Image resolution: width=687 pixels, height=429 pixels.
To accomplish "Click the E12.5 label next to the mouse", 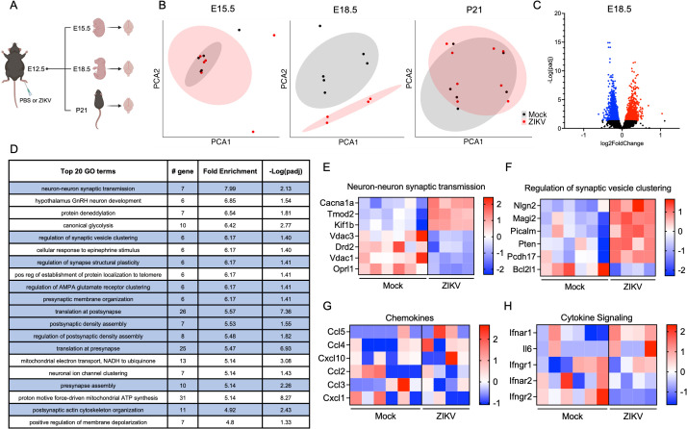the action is pyautogui.click(x=36, y=69).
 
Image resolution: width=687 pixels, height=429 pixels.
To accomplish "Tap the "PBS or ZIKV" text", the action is pyautogui.click(x=36, y=100).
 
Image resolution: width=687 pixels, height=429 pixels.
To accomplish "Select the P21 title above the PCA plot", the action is pyautogui.click(x=474, y=10).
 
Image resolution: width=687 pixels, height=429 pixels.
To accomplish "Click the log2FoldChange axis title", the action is pyautogui.click(x=622, y=143).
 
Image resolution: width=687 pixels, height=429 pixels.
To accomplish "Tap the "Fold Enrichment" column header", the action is pyautogui.click(x=230, y=171).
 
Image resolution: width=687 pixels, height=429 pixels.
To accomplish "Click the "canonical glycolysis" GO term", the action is pyautogui.click(x=89, y=226).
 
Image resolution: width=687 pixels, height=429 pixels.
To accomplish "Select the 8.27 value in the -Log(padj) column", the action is pyautogui.click(x=286, y=398).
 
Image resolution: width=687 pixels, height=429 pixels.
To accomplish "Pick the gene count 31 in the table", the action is pyautogui.click(x=183, y=398).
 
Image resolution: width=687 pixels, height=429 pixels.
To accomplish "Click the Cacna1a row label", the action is pyautogui.click(x=337, y=203).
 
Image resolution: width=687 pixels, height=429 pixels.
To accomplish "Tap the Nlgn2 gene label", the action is pyautogui.click(x=524, y=206).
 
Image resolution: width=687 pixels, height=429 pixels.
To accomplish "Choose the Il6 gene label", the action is pyautogui.click(x=526, y=348).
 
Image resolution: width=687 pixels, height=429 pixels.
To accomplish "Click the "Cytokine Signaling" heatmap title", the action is pyautogui.click(x=597, y=317).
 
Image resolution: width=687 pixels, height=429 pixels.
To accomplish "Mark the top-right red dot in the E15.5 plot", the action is pyautogui.click(x=274, y=35).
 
